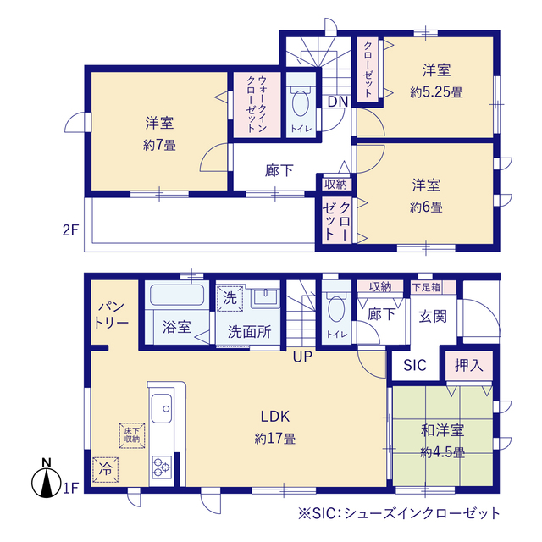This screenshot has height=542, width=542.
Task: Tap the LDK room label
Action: pos(274,417)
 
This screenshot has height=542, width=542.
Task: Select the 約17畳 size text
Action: pos(274,439)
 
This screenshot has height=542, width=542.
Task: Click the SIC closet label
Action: pos(415,365)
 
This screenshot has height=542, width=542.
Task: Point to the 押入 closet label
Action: pos(468,365)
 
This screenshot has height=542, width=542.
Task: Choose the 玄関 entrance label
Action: pos(433,316)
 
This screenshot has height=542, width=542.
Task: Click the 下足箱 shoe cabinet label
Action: pos(427,287)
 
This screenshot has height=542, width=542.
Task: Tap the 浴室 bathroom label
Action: pos(177,326)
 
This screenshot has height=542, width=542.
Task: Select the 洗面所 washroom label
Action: pos(249,332)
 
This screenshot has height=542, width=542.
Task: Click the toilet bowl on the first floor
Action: pos(335,308)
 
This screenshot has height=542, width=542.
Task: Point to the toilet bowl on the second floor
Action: pos(301,102)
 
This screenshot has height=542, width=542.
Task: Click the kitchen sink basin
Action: pos(162,408)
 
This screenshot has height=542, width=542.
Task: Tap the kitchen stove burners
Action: pos(162,467)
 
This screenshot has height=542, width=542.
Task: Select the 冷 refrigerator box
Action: pos(105,470)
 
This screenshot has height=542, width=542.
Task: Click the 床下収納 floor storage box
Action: pos(132,435)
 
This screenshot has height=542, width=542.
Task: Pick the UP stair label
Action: pos(302,357)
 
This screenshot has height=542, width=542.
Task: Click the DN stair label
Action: pos(337,102)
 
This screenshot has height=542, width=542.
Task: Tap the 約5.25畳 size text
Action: pos(436,92)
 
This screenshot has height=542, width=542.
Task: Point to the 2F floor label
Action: pos(70,230)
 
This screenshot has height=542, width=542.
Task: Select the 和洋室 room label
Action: pos(442,430)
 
